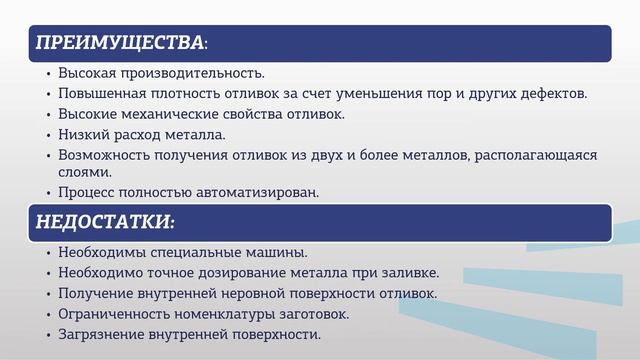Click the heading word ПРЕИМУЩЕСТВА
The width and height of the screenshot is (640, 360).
coord(119,43)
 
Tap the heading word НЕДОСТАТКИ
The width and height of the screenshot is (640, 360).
coord(105,220)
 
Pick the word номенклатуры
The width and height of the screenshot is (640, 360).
coord(229,314)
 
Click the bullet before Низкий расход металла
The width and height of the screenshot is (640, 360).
coord(48,135)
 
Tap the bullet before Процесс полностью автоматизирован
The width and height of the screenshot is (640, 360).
coord(48,193)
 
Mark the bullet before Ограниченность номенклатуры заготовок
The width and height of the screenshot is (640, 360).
coord(48,315)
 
